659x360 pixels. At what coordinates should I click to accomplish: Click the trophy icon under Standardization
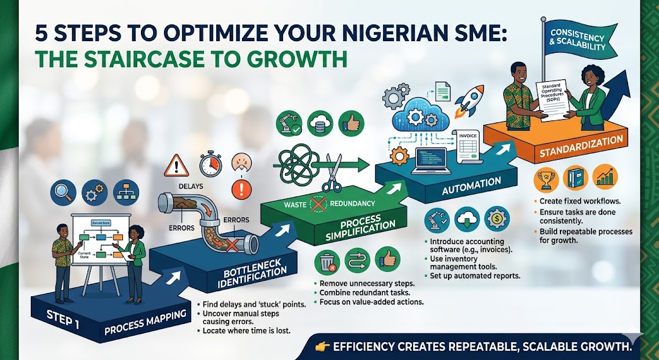pyautogui.click(x=546, y=177)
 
